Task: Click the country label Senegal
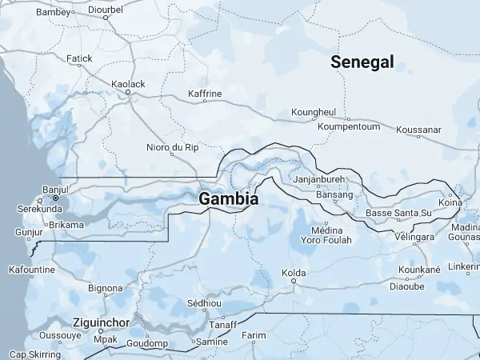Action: click(362, 62)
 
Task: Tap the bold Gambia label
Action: click(229, 198)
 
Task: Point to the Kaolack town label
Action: click(128, 84)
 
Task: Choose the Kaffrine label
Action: click(204, 94)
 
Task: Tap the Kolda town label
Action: click(294, 273)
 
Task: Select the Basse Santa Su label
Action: click(398, 213)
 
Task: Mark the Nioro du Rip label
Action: click(172, 147)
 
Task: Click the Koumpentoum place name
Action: click(348, 126)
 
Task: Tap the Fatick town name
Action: click(79, 58)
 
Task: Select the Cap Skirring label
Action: click(34, 354)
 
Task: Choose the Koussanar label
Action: click(418, 129)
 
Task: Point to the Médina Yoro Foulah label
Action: click(326, 234)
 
